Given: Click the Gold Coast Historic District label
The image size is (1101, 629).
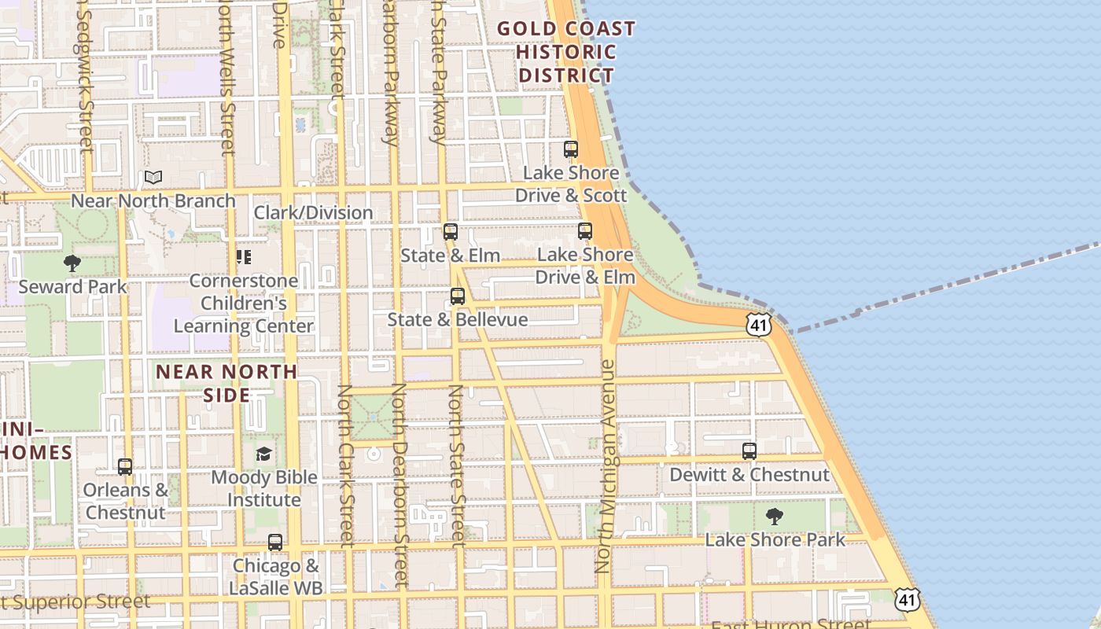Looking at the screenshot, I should tap(565, 52).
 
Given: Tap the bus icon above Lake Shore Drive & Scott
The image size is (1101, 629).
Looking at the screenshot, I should tap(571, 149).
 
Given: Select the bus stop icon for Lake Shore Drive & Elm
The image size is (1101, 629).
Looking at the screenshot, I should tap(584, 231).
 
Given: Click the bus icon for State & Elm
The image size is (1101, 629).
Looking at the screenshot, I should tap(451, 232).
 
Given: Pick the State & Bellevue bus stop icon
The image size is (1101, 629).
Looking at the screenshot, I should tap(458, 296).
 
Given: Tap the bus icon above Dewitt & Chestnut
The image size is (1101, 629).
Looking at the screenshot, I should tap(749, 451).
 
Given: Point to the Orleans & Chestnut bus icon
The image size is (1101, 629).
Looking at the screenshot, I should tap(125, 467).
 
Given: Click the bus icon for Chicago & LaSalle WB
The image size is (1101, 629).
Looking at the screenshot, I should tap(274, 543).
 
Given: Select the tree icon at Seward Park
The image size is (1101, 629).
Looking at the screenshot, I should tap(72, 263).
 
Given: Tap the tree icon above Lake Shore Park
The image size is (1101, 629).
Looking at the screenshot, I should tap(775, 517).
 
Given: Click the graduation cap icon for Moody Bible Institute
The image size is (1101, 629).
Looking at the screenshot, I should tap(264, 454).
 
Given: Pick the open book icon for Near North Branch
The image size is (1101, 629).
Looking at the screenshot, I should tap(153, 178).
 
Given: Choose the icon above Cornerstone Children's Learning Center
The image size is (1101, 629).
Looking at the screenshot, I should tap(243, 257).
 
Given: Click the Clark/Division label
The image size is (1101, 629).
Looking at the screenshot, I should tap(313, 212).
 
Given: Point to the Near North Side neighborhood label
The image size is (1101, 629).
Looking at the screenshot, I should tap(226, 383).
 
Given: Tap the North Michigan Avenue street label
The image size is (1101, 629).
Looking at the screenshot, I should tap(606, 465).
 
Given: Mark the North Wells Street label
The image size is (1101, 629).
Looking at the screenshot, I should tap(227, 79).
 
